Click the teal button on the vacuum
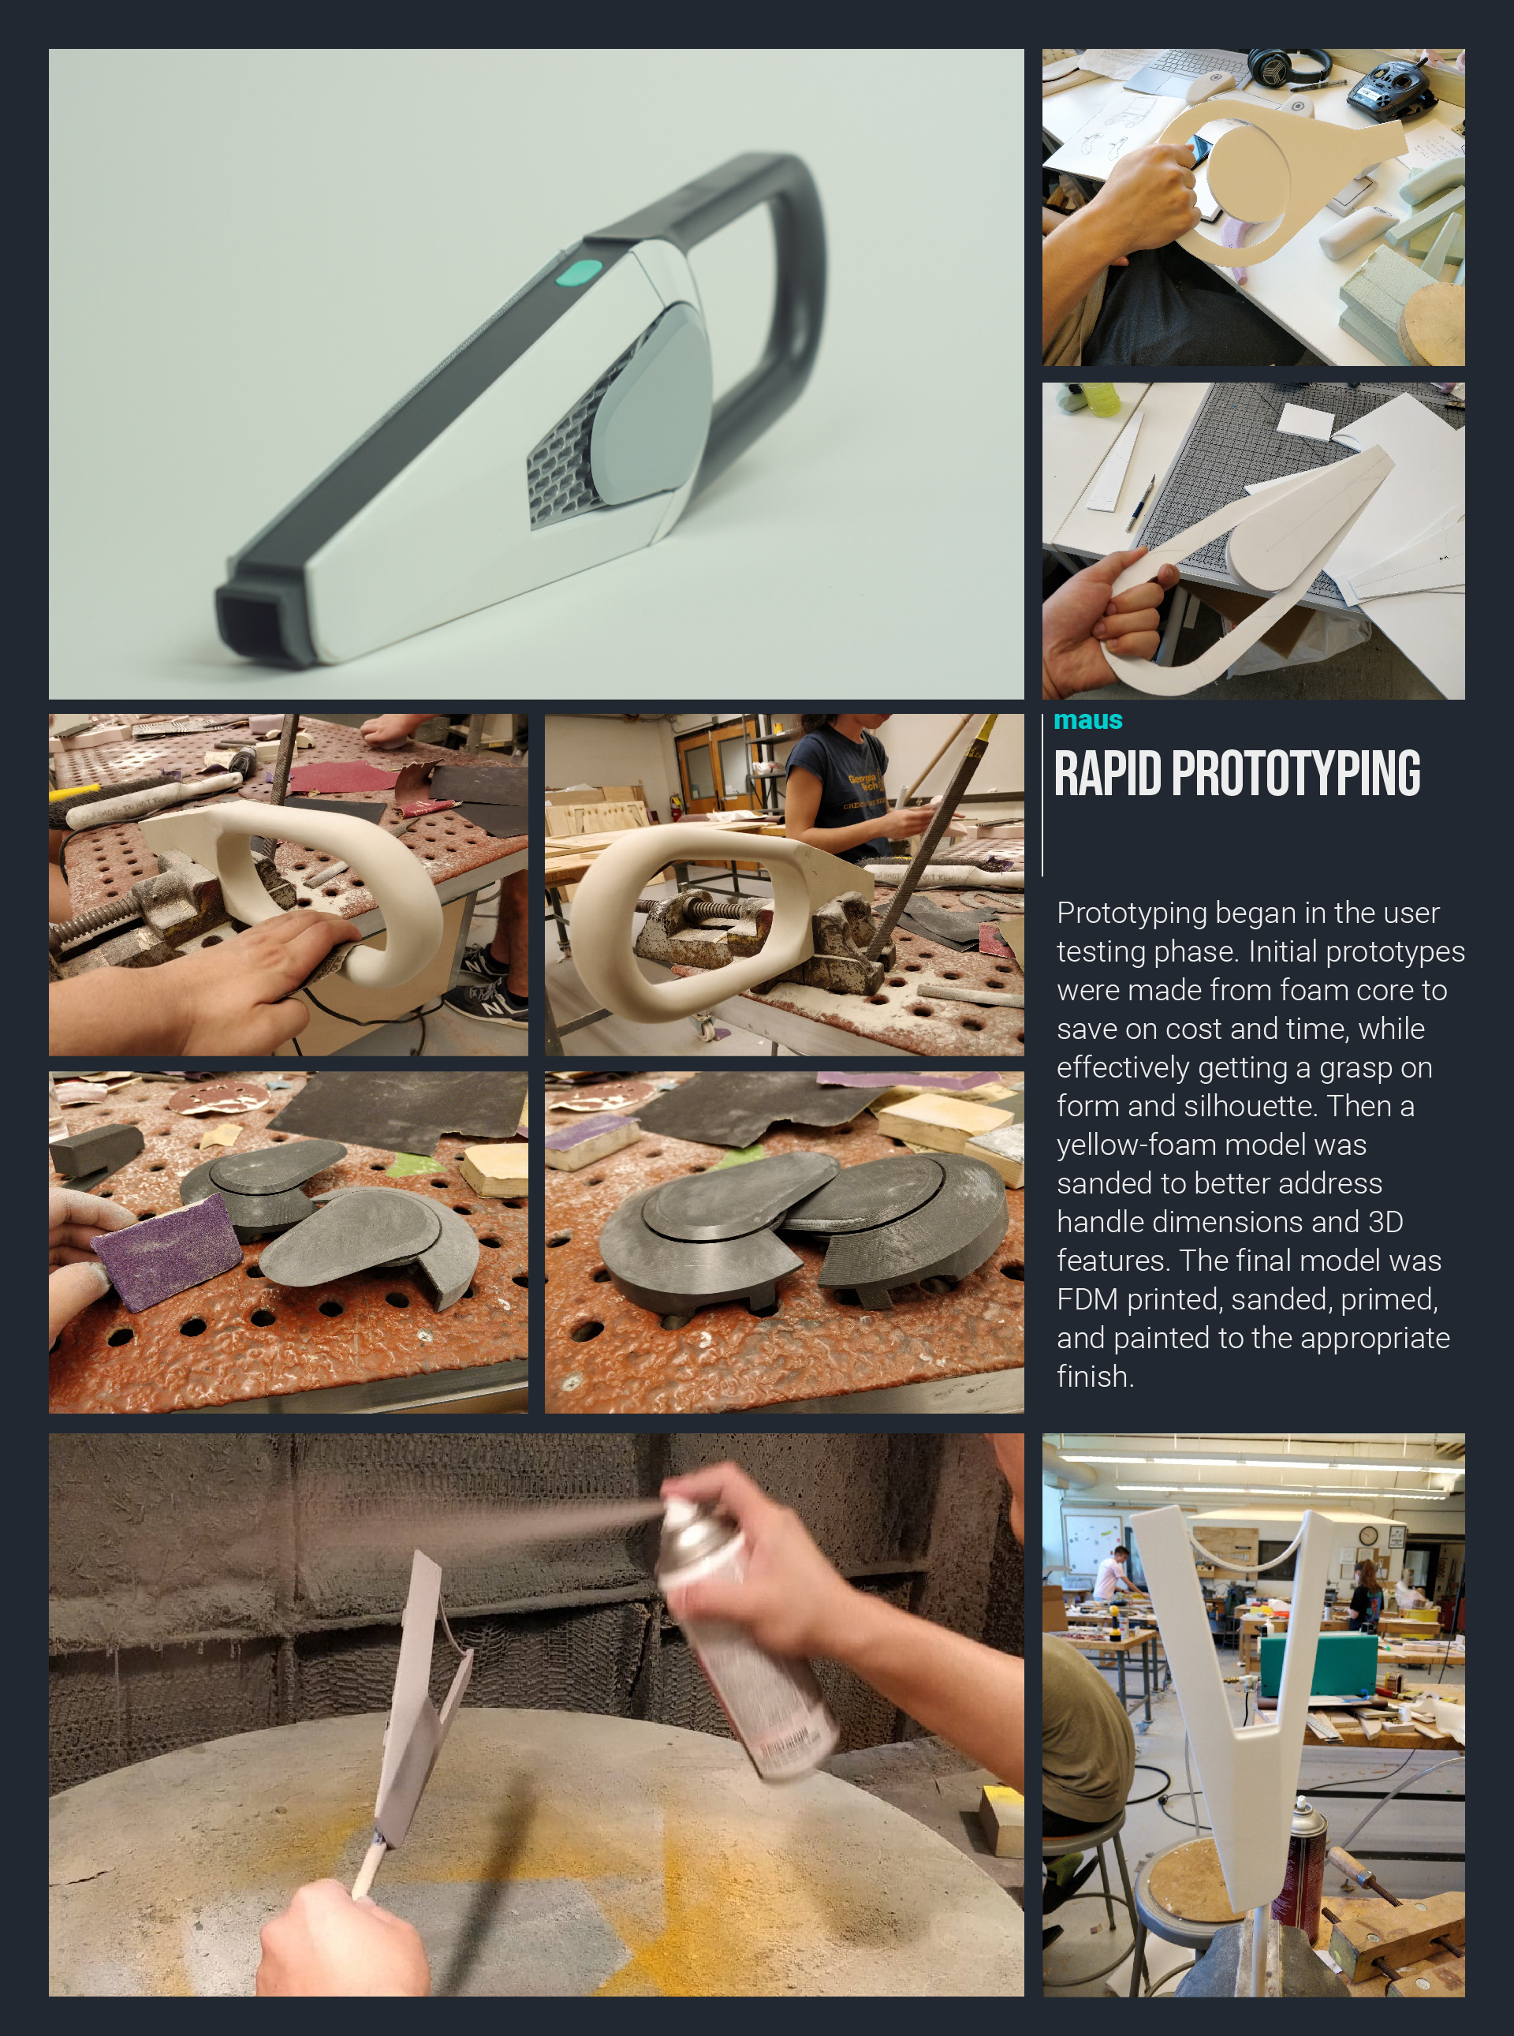pyautogui.click(x=580, y=272)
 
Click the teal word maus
pyautogui.click(x=1088, y=720)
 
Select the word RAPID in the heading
pyautogui.click(x=1108, y=774)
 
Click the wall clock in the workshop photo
pyautogui.click(x=1367, y=1535)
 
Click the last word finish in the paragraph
pyautogui.click(x=1095, y=1376)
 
